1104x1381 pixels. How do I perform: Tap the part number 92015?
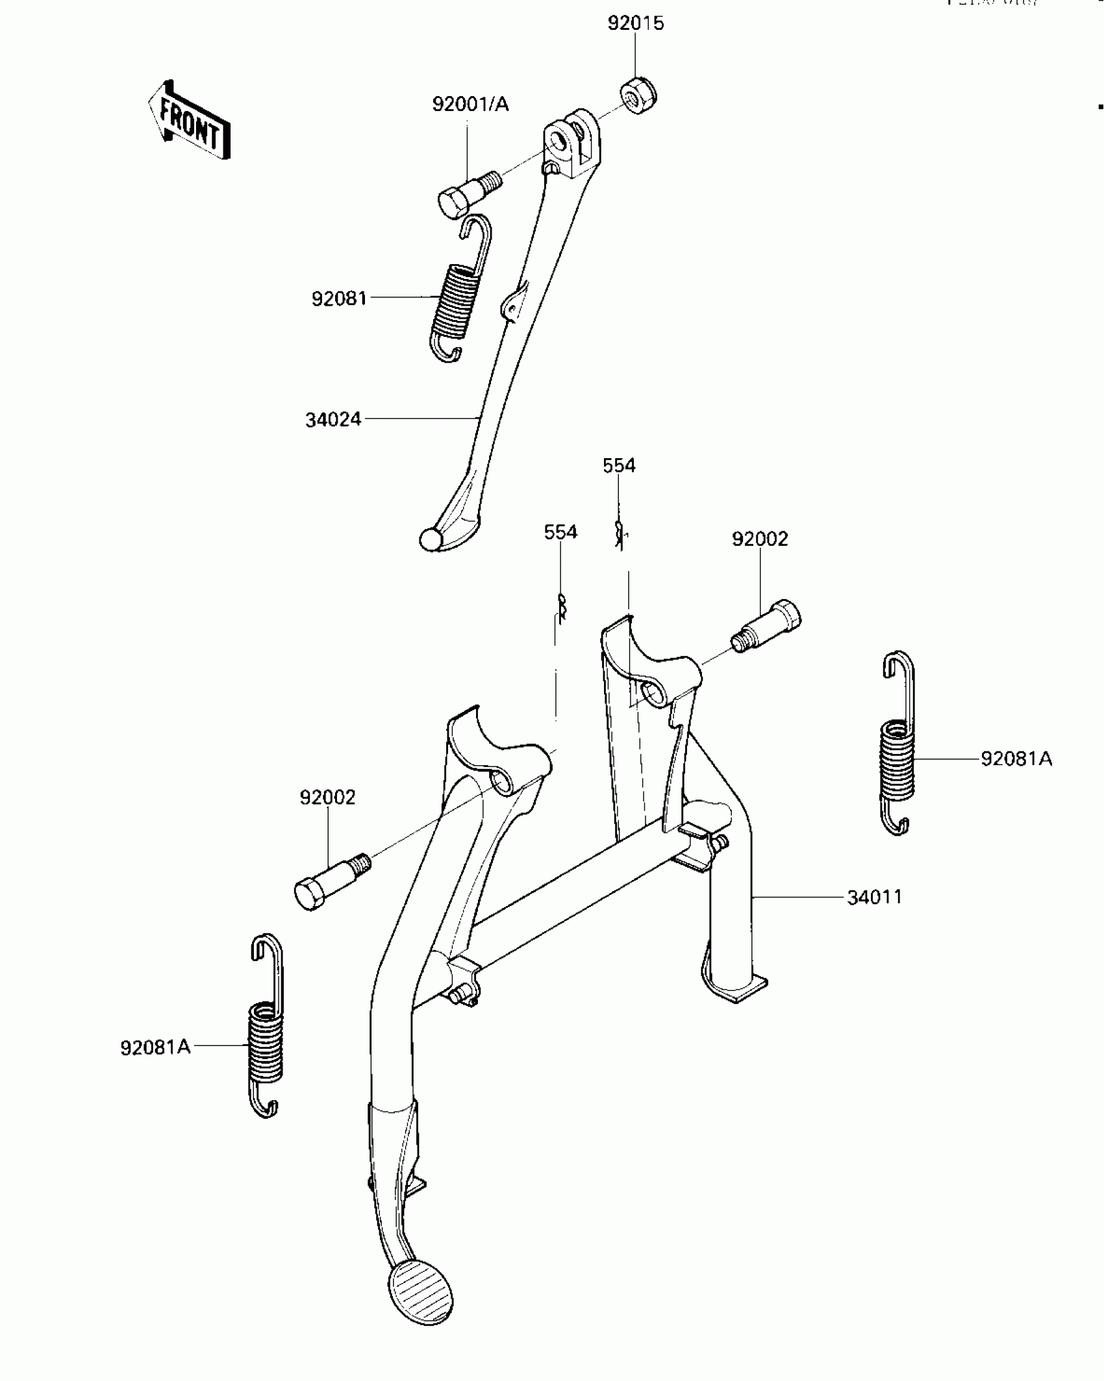[635, 23]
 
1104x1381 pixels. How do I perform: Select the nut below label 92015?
[639, 96]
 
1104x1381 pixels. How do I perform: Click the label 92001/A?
[470, 104]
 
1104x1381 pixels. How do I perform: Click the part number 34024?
[333, 420]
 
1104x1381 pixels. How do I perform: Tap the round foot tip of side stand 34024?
[431, 539]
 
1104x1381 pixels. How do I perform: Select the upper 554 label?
[618, 465]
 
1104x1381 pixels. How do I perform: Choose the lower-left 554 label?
[560, 532]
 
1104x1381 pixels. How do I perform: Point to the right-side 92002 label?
[759, 539]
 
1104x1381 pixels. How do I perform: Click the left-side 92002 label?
[327, 797]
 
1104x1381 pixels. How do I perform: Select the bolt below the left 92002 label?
[331, 882]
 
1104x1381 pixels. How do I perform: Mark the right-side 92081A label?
[1016, 758]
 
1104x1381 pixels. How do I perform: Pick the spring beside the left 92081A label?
[266, 1025]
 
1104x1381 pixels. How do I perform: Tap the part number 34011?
[874, 897]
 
